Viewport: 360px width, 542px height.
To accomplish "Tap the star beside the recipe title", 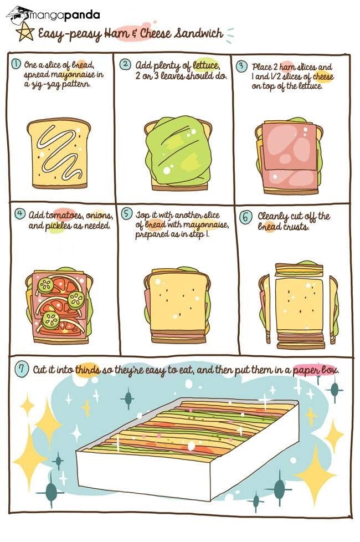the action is click(x=25, y=32).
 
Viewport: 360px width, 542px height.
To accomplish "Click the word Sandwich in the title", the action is click(x=198, y=34).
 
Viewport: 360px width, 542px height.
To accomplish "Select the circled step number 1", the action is click(x=16, y=64).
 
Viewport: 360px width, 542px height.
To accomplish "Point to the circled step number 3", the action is click(x=242, y=66).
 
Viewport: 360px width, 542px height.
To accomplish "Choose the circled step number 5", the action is click(x=127, y=213).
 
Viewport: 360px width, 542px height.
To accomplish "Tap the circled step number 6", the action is click(x=245, y=217).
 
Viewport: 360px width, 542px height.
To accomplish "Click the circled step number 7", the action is click(x=22, y=369).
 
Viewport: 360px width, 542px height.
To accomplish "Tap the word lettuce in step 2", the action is click(x=206, y=65).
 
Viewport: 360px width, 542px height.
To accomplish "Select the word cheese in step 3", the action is click(x=323, y=76).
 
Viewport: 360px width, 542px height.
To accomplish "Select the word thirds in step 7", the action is click(x=88, y=370).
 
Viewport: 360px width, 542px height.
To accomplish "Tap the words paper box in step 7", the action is click(x=316, y=370).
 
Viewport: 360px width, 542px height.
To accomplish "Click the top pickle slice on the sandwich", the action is click(x=45, y=285).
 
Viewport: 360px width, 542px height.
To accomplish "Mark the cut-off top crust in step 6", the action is click(x=299, y=268).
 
